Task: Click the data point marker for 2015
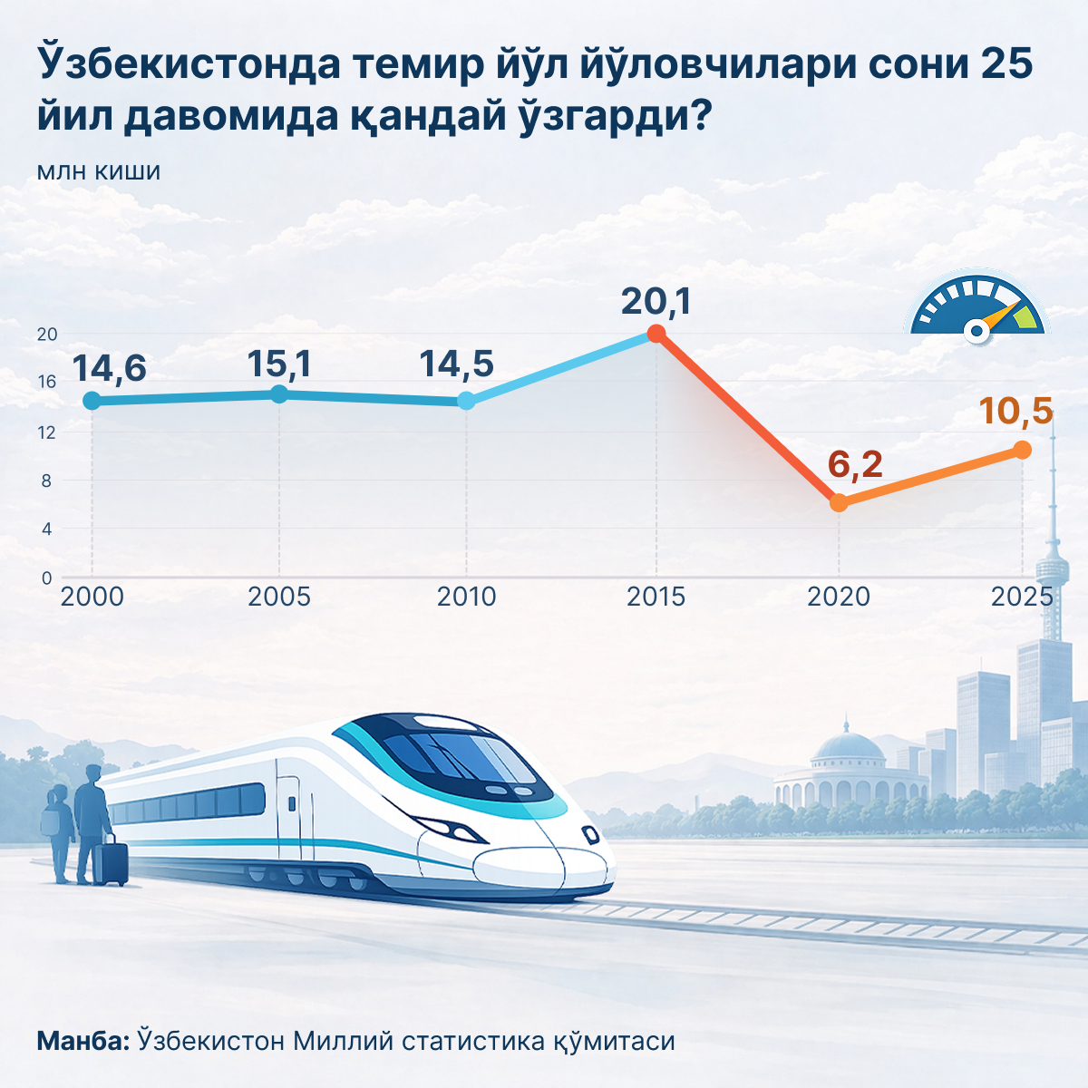coord(656,334)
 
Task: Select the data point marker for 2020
coord(839,502)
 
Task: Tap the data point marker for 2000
coord(91,401)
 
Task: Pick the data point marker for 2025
coord(1022,450)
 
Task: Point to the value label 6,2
coord(855,464)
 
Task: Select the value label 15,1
coord(279,364)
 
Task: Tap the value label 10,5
coord(1015,412)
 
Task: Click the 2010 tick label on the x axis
coord(466,597)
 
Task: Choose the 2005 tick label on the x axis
coord(279,597)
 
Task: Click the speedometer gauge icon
coord(976,309)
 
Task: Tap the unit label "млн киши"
coord(99,171)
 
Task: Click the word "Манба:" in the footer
coord(83,1041)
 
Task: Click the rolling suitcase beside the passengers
coord(111,862)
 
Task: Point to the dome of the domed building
coord(847,747)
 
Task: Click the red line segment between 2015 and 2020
coord(747,418)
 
